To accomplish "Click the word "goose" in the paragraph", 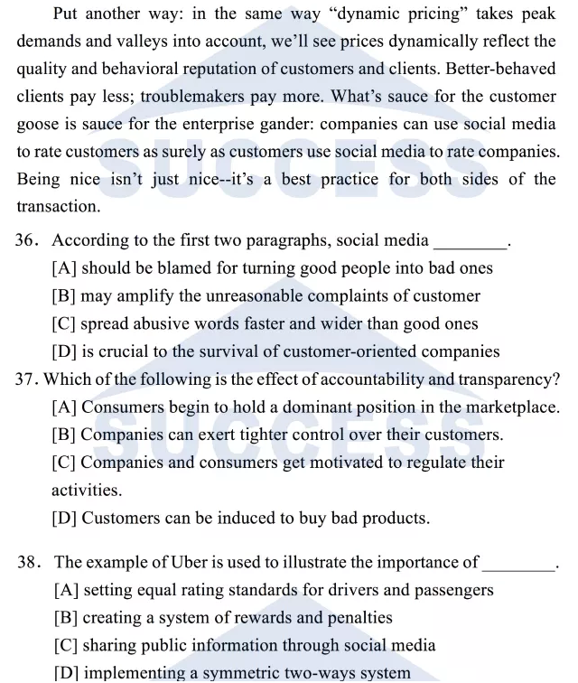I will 39,124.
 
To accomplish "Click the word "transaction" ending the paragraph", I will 58,206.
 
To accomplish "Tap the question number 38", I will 28,563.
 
